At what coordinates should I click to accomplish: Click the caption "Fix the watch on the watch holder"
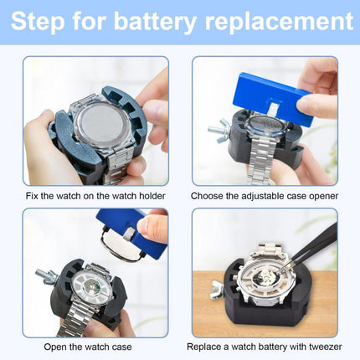point(95,196)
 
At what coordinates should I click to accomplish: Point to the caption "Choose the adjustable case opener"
point(265,196)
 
